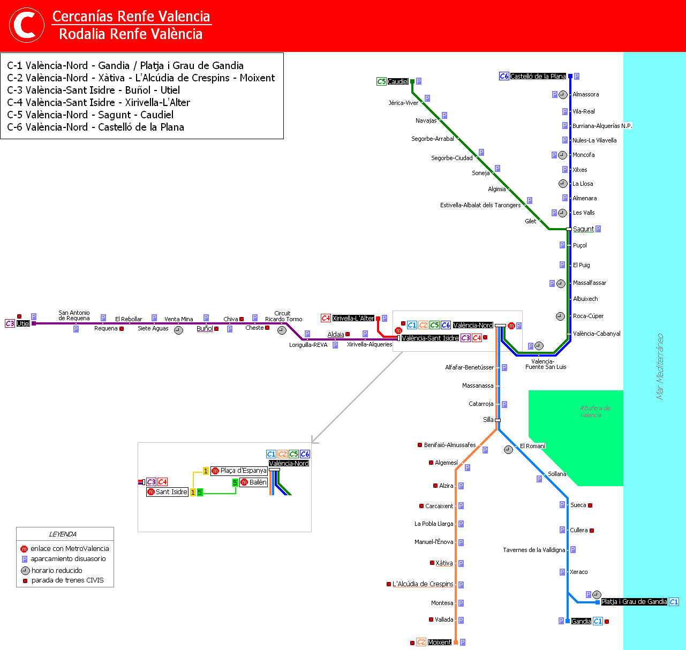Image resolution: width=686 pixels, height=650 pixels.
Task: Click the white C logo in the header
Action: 27,25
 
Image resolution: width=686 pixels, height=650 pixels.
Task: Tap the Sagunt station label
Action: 583,229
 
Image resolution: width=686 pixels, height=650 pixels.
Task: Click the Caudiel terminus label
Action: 398,82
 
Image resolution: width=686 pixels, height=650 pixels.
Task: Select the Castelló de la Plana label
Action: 538,77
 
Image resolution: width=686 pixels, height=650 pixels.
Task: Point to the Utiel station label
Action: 23,324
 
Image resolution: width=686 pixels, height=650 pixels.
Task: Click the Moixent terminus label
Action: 440,643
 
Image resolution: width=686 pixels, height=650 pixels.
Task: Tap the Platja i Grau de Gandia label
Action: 634,602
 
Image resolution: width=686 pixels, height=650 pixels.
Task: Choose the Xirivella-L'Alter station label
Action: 353,319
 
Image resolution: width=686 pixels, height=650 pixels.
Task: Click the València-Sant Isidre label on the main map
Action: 430,338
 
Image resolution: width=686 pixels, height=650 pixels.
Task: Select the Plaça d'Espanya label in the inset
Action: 243,471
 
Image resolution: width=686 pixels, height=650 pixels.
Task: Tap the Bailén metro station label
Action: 258,482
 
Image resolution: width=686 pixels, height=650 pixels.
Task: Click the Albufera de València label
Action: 594,411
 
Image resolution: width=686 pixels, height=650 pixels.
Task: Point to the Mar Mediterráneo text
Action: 660,366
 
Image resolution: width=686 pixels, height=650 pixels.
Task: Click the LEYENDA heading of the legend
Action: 63,534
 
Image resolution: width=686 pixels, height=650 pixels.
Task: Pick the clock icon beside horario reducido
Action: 25,571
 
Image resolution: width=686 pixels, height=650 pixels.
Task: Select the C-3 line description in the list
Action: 93,90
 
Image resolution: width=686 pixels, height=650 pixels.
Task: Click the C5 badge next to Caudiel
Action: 381,82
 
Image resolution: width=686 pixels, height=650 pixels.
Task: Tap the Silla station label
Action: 488,420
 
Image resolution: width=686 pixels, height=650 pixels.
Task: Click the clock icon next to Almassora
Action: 563,95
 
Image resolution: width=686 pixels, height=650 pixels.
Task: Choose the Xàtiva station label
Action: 444,563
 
